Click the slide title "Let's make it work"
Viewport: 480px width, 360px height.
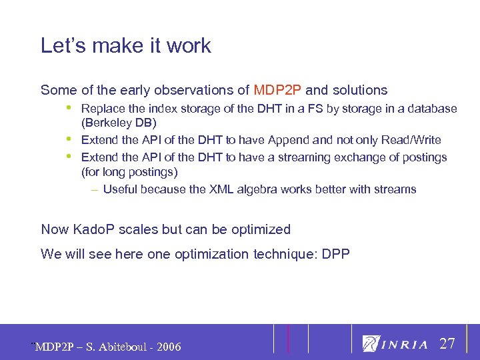(x=125, y=46)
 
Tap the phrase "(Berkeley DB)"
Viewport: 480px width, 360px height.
(x=119, y=123)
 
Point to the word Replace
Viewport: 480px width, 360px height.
(x=101, y=108)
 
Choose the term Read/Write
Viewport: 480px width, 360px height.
(x=411, y=140)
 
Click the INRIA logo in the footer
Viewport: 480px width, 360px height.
(x=395, y=344)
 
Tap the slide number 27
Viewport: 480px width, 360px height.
(x=447, y=344)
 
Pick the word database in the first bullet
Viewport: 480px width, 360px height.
(x=433, y=108)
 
